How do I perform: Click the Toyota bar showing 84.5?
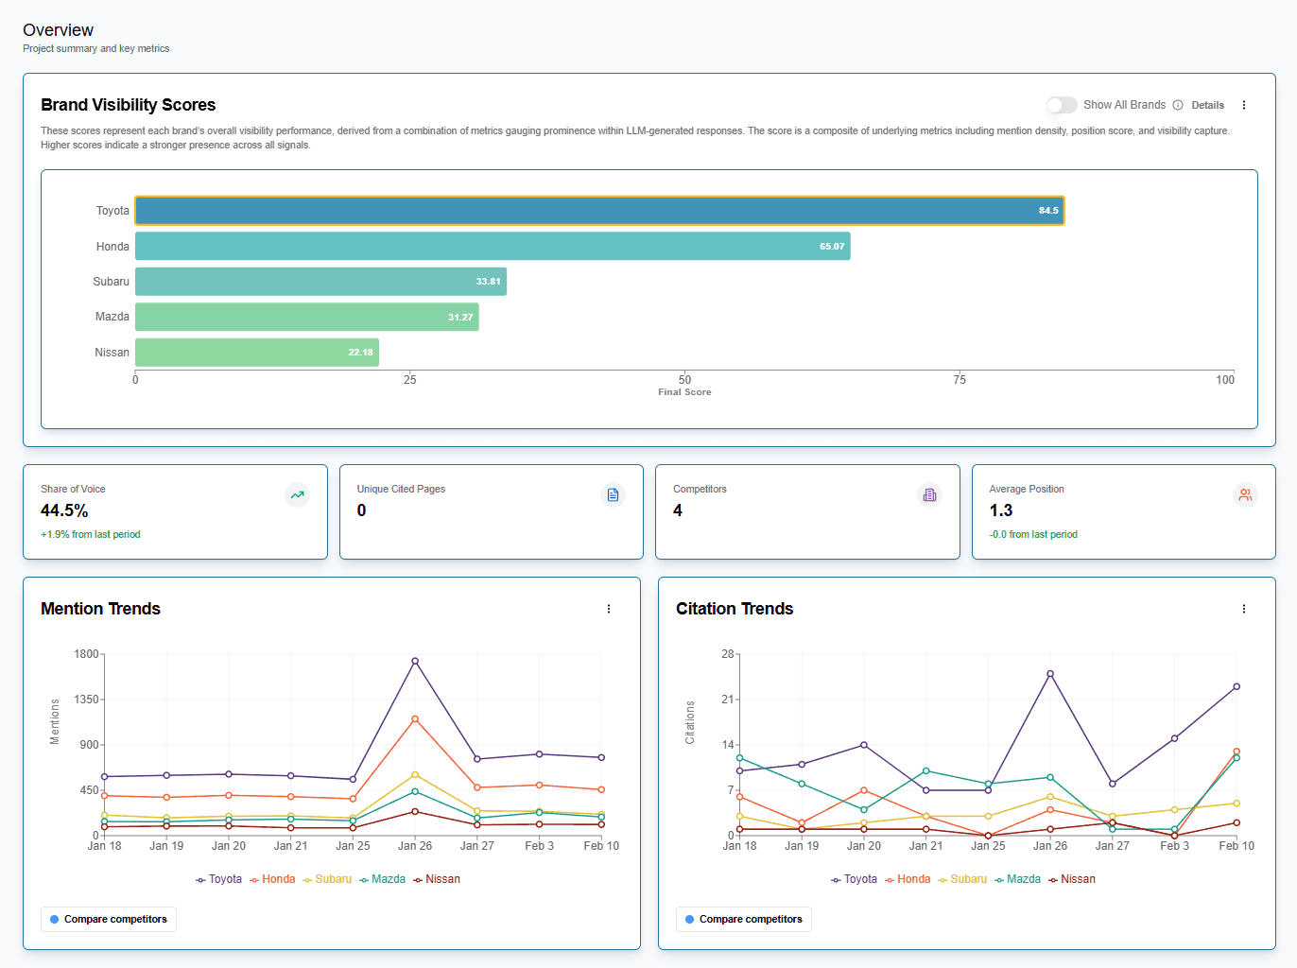point(599,211)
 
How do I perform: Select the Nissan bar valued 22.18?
point(256,353)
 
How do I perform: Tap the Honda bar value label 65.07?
point(832,247)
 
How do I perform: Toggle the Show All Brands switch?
point(1062,105)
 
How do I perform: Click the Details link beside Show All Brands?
point(1207,106)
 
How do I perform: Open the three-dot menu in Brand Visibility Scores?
point(1244,105)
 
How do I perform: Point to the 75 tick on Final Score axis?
point(960,380)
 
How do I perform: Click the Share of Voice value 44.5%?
point(64,510)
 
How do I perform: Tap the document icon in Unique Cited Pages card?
point(613,495)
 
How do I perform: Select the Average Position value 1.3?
point(1001,510)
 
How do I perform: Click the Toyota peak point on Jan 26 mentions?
point(415,662)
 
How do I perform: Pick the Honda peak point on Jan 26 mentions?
point(415,719)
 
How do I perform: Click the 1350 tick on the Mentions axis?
point(86,700)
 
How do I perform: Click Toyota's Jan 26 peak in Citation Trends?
point(1050,674)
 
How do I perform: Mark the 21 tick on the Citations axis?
point(727,700)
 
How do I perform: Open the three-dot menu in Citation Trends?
point(1244,609)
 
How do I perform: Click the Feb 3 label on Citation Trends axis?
point(1174,846)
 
